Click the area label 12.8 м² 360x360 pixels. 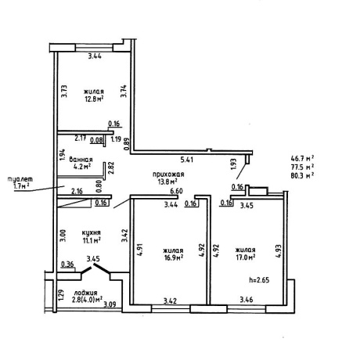(x=94, y=99)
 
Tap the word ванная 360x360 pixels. (x=81, y=160)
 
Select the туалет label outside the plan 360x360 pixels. (x=20, y=179)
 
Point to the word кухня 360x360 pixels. (x=91, y=232)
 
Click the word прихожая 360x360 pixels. (x=168, y=175)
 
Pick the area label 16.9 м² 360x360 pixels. (x=173, y=257)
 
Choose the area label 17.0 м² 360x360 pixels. (x=245, y=257)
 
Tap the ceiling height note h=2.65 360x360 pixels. (x=259, y=280)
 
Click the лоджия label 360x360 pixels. (x=85, y=293)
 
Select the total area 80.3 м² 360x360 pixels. (x=302, y=175)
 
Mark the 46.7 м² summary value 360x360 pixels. (x=302, y=158)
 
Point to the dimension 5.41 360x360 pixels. (x=187, y=160)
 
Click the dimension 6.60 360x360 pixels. (x=176, y=191)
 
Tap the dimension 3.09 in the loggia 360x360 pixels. (x=110, y=304)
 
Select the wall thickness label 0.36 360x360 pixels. (x=67, y=265)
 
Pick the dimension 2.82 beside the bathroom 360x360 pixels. (x=111, y=168)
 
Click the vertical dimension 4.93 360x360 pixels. (x=279, y=251)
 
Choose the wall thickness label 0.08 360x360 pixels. (x=96, y=140)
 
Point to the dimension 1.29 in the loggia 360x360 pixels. (x=61, y=295)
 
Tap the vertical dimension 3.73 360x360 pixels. (x=64, y=92)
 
